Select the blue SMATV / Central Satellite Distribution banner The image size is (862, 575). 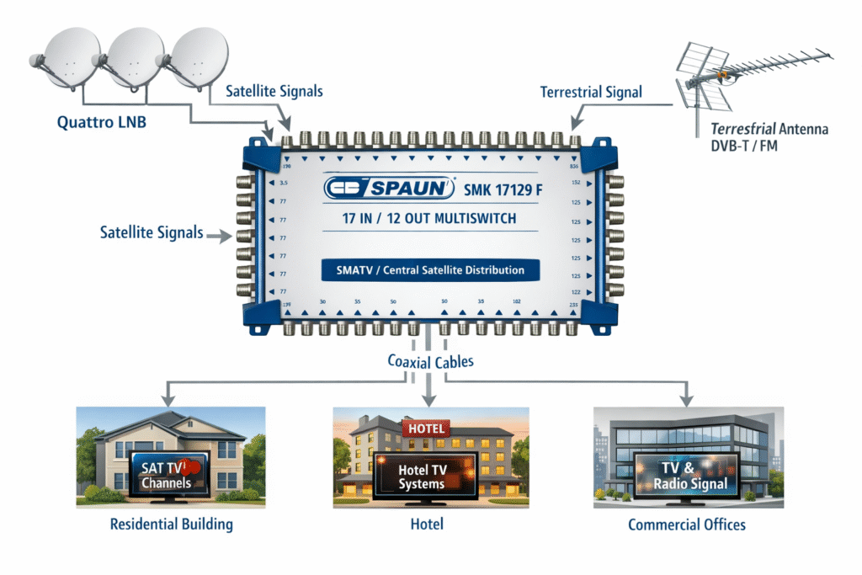click(x=430, y=270)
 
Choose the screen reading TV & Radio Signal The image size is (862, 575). click(x=688, y=477)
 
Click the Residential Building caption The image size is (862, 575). click(x=171, y=524)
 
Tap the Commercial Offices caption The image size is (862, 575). click(x=687, y=524)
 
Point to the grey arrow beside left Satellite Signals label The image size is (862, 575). click(x=218, y=238)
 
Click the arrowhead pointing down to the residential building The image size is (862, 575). click(x=170, y=395)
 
